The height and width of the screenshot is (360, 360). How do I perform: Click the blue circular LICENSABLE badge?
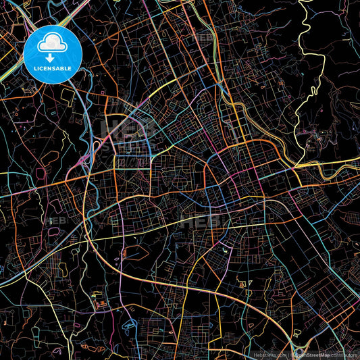[x=53, y=54]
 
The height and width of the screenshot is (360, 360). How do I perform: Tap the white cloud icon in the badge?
[x=53, y=45]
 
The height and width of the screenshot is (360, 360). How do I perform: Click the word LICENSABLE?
[x=53, y=70]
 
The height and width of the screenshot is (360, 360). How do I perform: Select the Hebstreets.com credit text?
[x=269, y=354]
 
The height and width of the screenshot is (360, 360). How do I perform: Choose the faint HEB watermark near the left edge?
[x=54, y=220]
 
